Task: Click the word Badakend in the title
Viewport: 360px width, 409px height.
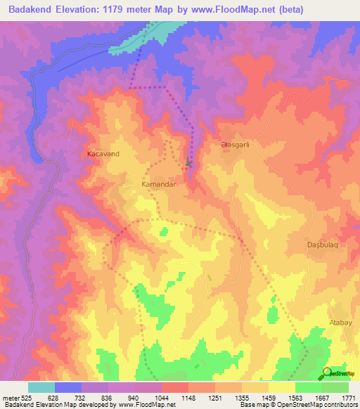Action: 28,9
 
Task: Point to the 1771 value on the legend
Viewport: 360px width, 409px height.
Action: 349,397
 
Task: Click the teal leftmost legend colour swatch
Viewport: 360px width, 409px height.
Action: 41,387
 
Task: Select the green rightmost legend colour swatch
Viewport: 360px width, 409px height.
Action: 335,387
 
